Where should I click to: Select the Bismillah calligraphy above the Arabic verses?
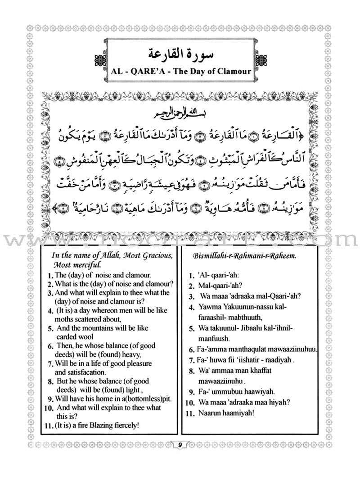pos(180,111)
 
